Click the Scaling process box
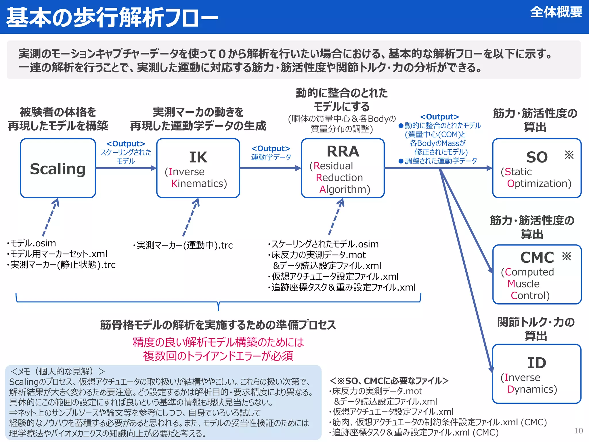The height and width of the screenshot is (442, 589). click(x=58, y=168)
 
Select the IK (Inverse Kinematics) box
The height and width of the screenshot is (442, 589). click(x=198, y=168)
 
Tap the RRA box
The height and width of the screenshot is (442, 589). click(x=343, y=168)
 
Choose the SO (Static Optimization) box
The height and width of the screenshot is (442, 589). click(x=536, y=168)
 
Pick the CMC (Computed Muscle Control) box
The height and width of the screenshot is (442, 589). click(x=537, y=274)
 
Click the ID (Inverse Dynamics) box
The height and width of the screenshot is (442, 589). click(x=536, y=374)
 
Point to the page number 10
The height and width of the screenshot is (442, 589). click(x=578, y=431)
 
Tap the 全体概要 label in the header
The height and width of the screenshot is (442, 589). click(x=556, y=12)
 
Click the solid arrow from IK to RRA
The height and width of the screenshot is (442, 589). click(x=270, y=168)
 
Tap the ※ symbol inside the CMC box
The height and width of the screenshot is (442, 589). click(x=567, y=256)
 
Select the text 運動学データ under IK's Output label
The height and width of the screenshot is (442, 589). click(x=271, y=157)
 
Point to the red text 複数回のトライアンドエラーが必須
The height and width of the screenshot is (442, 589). click(x=218, y=356)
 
